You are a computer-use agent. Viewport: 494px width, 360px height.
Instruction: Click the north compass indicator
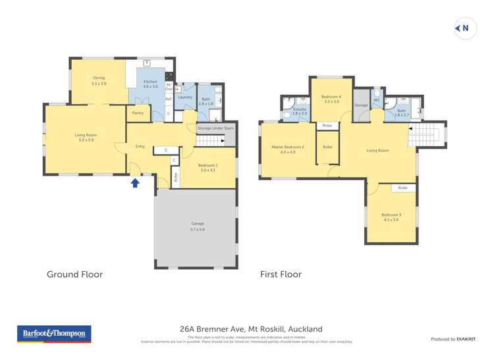tap(465, 28)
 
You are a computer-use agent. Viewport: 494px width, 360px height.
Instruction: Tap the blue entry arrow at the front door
tap(135, 182)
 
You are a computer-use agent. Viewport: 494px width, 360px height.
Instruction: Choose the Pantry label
tap(138, 113)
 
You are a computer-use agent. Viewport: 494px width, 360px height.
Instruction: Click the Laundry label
tap(185, 97)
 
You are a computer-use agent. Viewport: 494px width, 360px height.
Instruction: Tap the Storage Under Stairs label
tap(215, 128)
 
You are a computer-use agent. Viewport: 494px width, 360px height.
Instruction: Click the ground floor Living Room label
tap(85, 137)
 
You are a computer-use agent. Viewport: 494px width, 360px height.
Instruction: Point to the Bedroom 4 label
tap(331, 99)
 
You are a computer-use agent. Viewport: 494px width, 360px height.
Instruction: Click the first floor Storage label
tap(361, 105)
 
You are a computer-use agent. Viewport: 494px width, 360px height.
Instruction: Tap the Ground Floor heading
tap(74, 274)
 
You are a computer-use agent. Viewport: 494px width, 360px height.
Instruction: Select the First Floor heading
tap(281, 274)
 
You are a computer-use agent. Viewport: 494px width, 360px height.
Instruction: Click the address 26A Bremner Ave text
tap(251, 329)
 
